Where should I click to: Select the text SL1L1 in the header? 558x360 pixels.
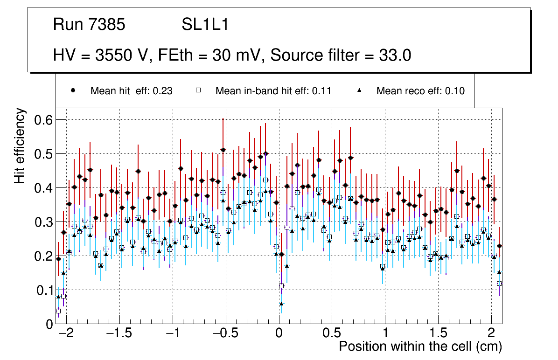click(x=205, y=24)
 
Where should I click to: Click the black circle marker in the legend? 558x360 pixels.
click(x=73, y=90)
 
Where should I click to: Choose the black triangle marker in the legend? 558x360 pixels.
click(x=359, y=90)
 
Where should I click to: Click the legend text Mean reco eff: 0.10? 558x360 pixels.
click(x=420, y=91)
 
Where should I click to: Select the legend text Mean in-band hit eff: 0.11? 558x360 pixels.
click(x=273, y=91)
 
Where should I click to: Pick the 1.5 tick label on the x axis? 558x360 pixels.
click(x=438, y=334)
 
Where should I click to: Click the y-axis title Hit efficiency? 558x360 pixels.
click(x=19, y=145)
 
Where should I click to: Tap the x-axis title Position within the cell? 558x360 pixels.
click(x=420, y=347)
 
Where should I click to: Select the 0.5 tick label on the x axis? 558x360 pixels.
click(x=332, y=334)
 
